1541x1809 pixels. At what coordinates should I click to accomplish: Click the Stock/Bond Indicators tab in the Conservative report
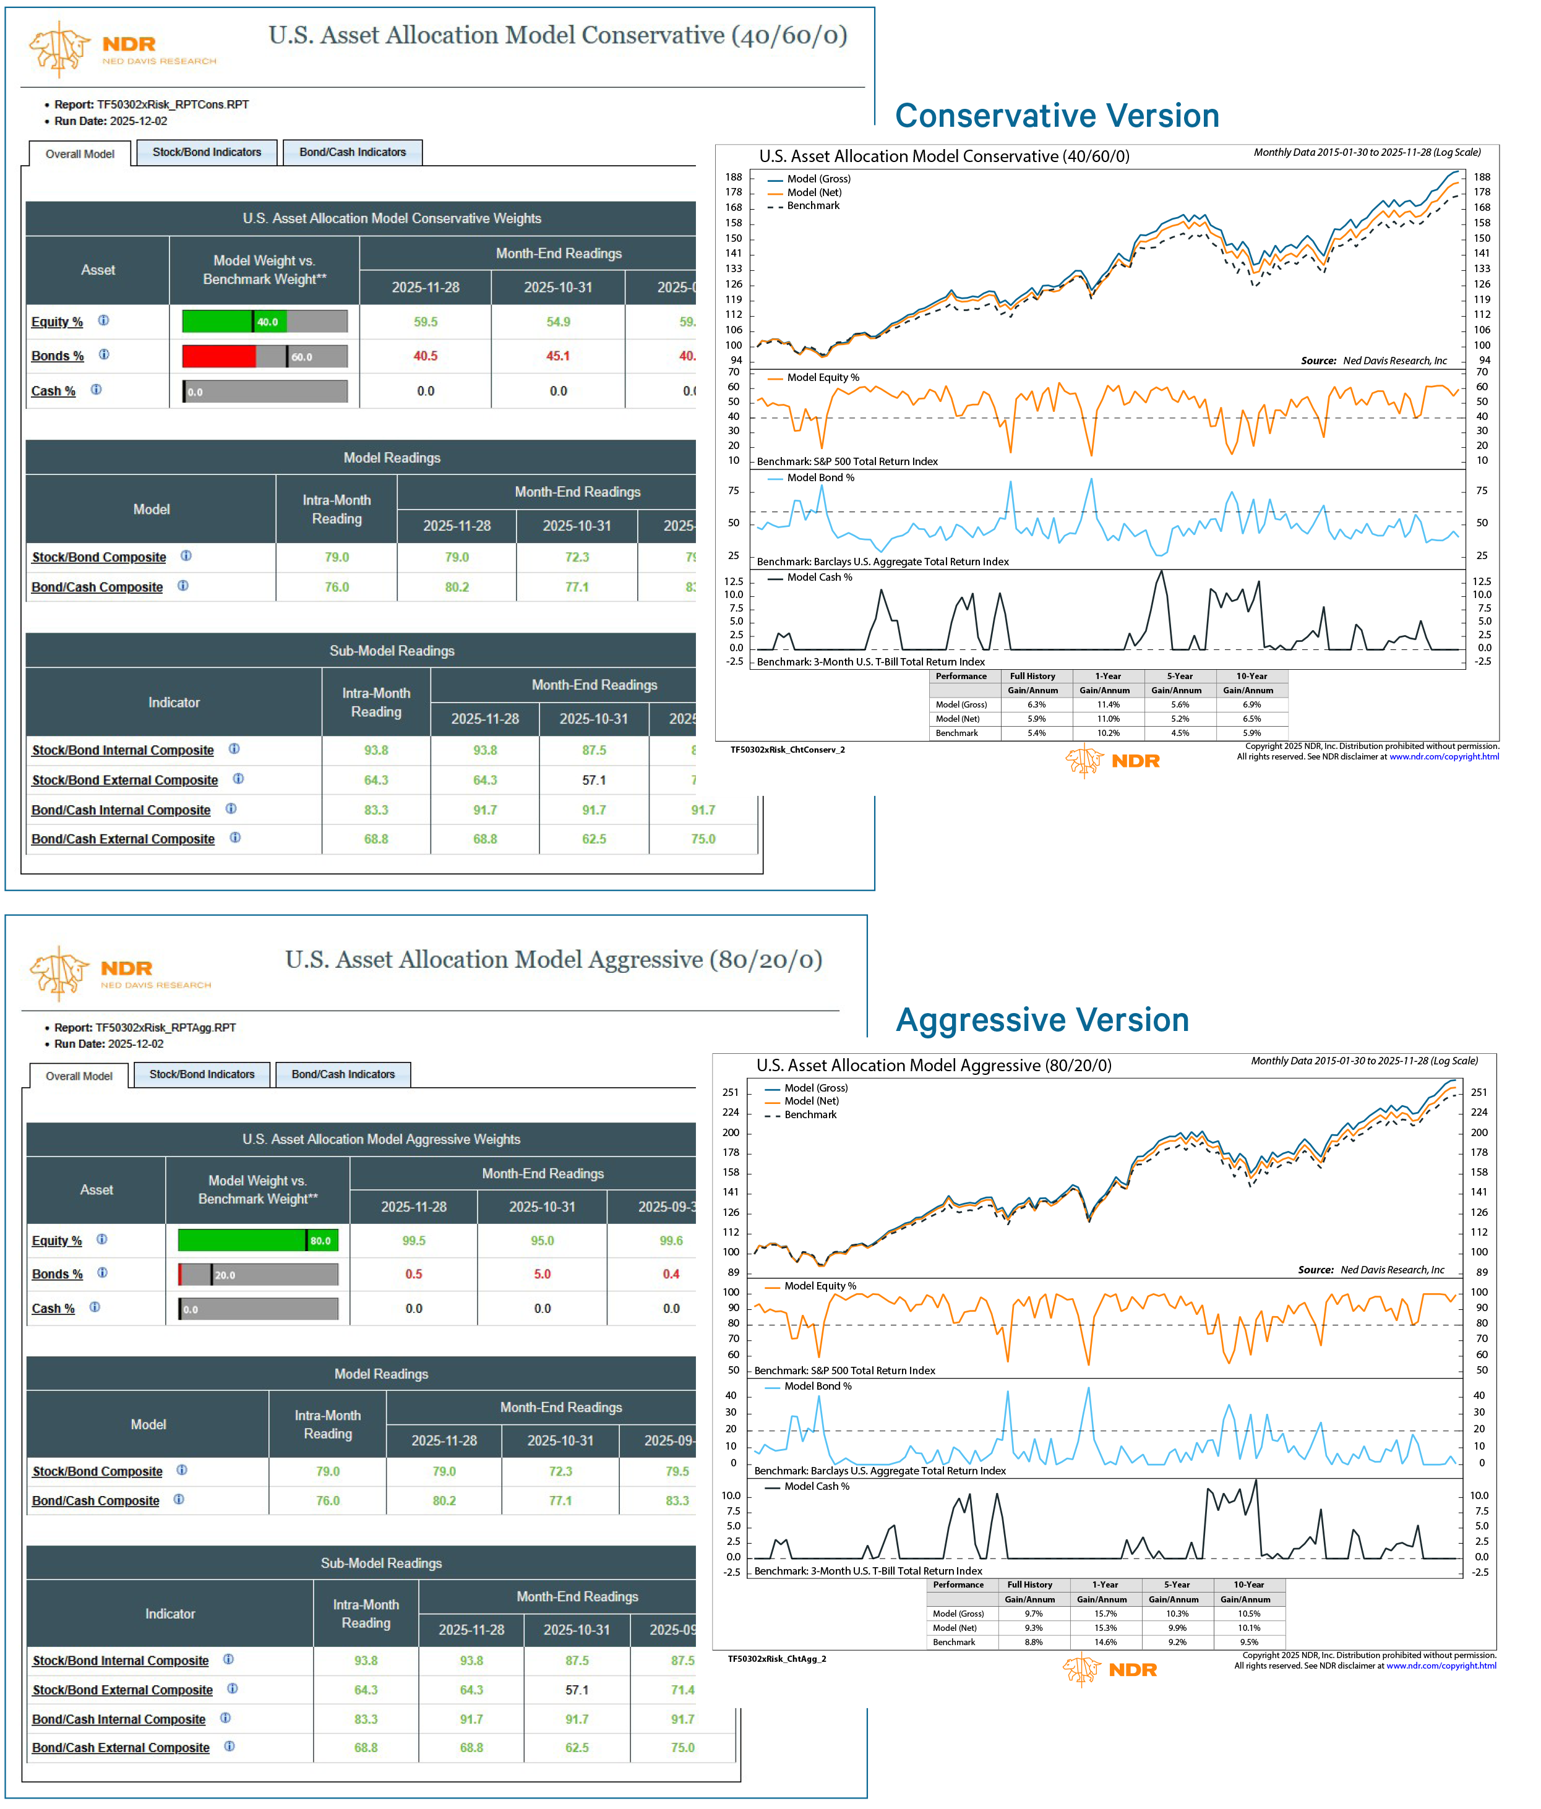(x=206, y=152)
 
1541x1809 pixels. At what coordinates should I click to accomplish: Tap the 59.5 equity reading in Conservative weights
(x=425, y=322)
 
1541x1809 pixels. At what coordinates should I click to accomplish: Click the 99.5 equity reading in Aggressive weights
(x=413, y=1241)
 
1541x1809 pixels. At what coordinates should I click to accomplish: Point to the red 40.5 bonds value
(x=425, y=356)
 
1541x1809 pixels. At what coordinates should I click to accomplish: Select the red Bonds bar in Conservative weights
(x=218, y=356)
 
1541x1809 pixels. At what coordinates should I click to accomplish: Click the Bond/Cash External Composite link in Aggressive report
(x=121, y=1748)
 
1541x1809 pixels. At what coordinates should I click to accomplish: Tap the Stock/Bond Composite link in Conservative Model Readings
(x=98, y=557)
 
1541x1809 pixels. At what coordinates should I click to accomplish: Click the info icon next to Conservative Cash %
(x=96, y=390)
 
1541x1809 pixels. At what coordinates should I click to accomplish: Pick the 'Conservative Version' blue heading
(x=1057, y=116)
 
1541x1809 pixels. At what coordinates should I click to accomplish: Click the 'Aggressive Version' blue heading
(x=1042, y=1020)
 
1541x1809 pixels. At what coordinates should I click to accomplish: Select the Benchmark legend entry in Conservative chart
(x=812, y=206)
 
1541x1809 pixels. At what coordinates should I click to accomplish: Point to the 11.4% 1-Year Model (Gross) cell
(x=1107, y=704)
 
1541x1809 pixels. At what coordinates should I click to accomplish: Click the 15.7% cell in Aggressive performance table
(x=1104, y=1614)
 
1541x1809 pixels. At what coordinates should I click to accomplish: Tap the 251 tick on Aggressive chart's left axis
(x=730, y=1092)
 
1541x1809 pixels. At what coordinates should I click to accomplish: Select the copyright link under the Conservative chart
(x=1443, y=757)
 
